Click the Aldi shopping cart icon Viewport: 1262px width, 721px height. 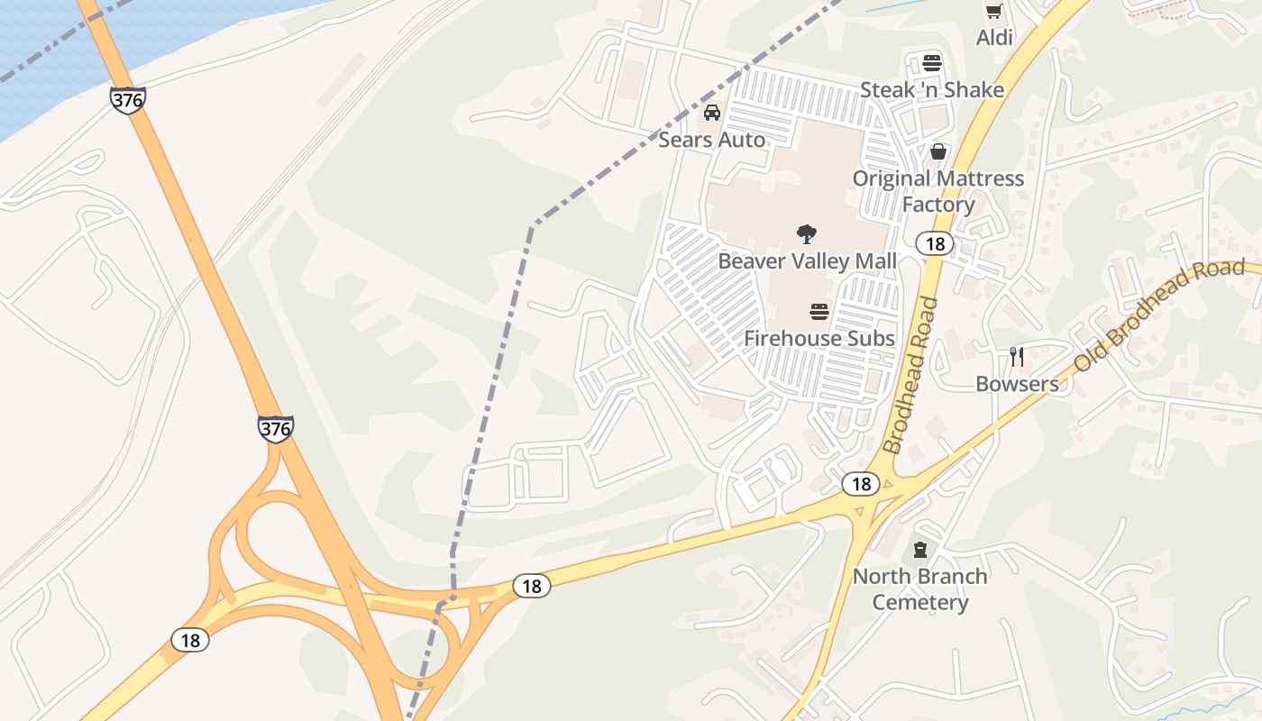point(993,12)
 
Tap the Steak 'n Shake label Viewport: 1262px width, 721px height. point(931,90)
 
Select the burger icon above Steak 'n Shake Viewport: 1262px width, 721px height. point(932,64)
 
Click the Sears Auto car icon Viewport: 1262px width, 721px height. point(711,113)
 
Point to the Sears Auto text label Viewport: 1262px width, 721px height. point(711,140)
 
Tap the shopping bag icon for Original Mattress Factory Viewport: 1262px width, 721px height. point(938,151)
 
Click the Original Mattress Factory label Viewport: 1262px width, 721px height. point(938,191)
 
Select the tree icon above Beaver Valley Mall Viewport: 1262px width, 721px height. point(807,234)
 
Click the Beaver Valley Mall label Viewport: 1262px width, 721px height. point(807,261)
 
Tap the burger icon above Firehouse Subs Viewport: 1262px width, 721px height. point(819,312)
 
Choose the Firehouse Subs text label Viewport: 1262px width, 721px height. point(819,339)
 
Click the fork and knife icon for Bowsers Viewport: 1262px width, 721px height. point(1017,357)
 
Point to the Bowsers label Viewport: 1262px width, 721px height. point(1017,384)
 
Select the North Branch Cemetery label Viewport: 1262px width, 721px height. point(919,589)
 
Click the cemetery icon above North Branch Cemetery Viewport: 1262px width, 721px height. point(919,549)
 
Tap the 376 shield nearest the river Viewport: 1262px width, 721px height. point(128,100)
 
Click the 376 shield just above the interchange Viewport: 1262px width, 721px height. point(275,428)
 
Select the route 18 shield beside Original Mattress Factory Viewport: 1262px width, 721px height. point(935,243)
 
